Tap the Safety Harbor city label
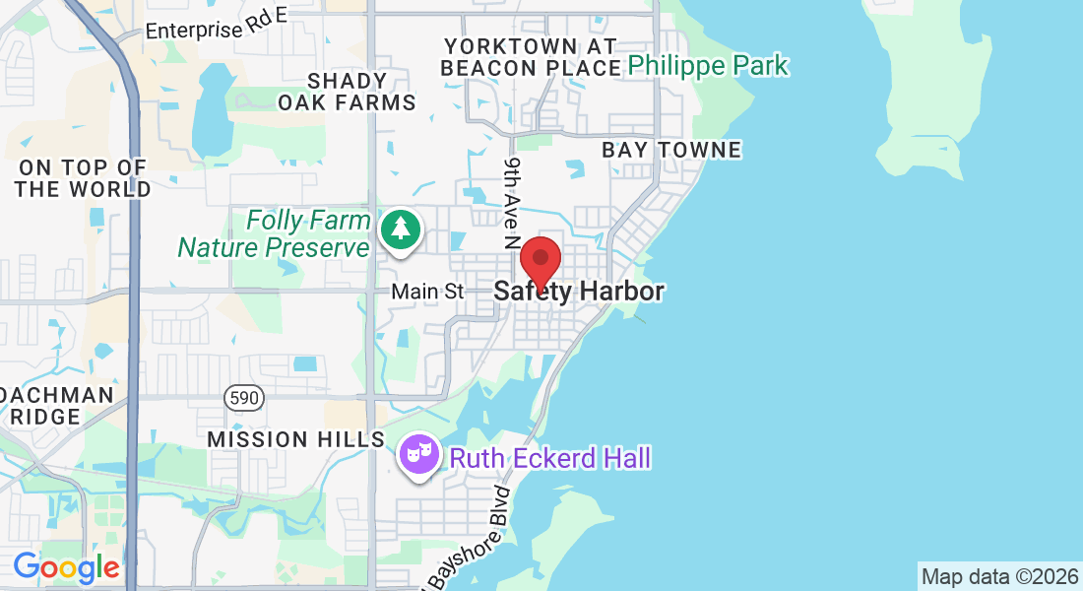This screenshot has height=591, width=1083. coord(579,292)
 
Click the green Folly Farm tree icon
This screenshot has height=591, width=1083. coord(401,230)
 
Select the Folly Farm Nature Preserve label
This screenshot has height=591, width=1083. coord(274,233)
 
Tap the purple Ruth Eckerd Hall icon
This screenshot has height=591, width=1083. coord(420,455)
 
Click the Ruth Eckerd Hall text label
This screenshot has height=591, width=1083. coord(549,458)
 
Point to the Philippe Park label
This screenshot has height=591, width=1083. coord(708,66)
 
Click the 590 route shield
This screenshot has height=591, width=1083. coord(241,398)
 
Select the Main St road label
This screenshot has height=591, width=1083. coord(427,292)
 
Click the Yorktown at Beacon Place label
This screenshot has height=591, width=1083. coord(529,57)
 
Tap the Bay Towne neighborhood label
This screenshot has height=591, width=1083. coord(671,150)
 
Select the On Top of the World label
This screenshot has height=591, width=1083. coord(83,178)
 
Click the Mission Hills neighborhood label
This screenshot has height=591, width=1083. coord(295,439)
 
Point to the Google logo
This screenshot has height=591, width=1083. coord(66,567)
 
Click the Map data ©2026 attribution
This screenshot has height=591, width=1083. coord(999,576)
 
